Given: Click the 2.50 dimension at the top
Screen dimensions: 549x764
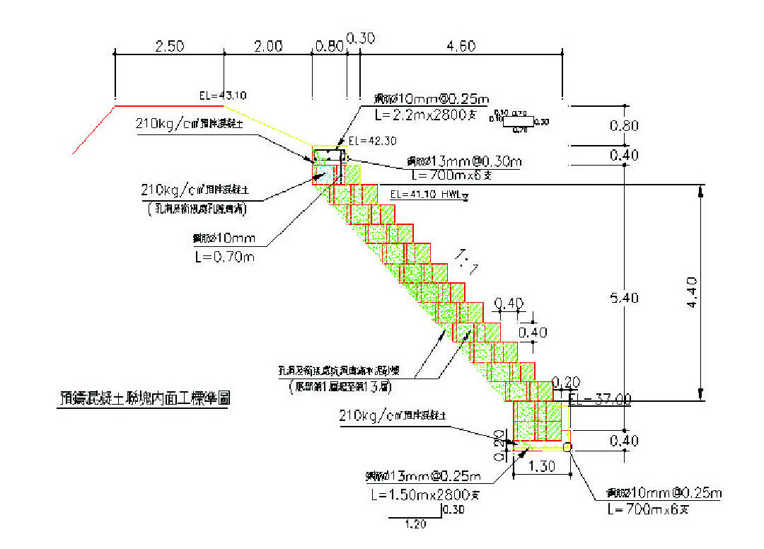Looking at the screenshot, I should point(169,46).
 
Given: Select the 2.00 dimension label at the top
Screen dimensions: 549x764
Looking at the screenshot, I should point(268,46).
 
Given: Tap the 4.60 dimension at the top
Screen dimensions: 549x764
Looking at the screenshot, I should point(461,46).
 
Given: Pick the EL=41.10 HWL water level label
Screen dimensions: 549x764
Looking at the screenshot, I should point(424,193).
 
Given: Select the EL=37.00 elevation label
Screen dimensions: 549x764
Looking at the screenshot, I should point(600,399).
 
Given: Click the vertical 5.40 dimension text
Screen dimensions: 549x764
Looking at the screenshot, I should point(625,298).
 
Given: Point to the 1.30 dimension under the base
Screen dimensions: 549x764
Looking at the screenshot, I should point(543,467).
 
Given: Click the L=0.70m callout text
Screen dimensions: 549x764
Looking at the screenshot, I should point(224,256).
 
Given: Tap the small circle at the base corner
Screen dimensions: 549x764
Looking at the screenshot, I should point(567,446).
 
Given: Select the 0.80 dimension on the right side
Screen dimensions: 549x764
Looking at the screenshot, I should point(624,126).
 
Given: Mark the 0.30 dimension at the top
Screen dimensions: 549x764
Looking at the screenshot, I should point(361,38).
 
